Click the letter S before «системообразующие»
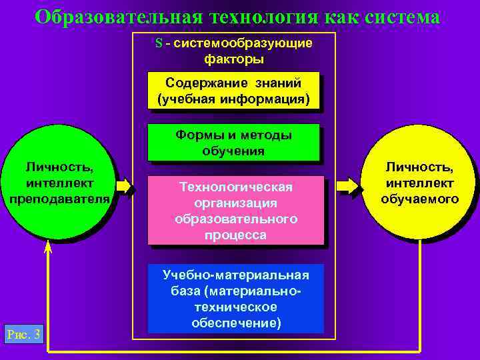(x=159, y=43)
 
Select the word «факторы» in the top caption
(x=233, y=59)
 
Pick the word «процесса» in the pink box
(x=236, y=235)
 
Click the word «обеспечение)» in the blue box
(x=236, y=323)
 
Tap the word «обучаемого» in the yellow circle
(x=420, y=199)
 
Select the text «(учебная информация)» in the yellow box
(x=233, y=99)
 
